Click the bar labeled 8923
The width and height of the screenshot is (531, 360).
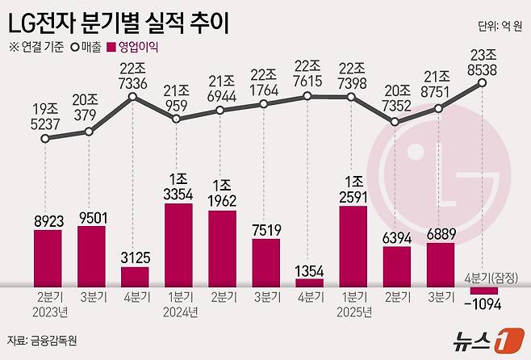[x=48, y=257]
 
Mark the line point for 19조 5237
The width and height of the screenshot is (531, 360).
[x=48, y=138]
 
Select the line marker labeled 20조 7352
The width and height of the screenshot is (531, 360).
[x=395, y=122]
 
